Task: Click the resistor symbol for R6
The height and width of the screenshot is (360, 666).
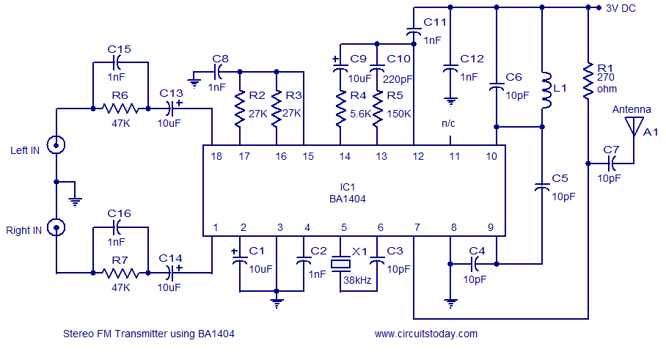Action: (120, 109)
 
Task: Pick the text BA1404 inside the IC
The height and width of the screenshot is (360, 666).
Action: (348, 198)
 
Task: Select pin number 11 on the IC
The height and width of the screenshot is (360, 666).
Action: (455, 156)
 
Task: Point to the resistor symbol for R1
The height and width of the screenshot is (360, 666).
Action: (588, 81)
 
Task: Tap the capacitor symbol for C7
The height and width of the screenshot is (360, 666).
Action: (610, 163)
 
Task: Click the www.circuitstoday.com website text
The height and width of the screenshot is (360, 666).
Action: (425, 334)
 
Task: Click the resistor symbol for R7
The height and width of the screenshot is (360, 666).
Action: (120, 273)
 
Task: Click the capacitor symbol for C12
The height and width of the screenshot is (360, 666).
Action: (450, 70)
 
